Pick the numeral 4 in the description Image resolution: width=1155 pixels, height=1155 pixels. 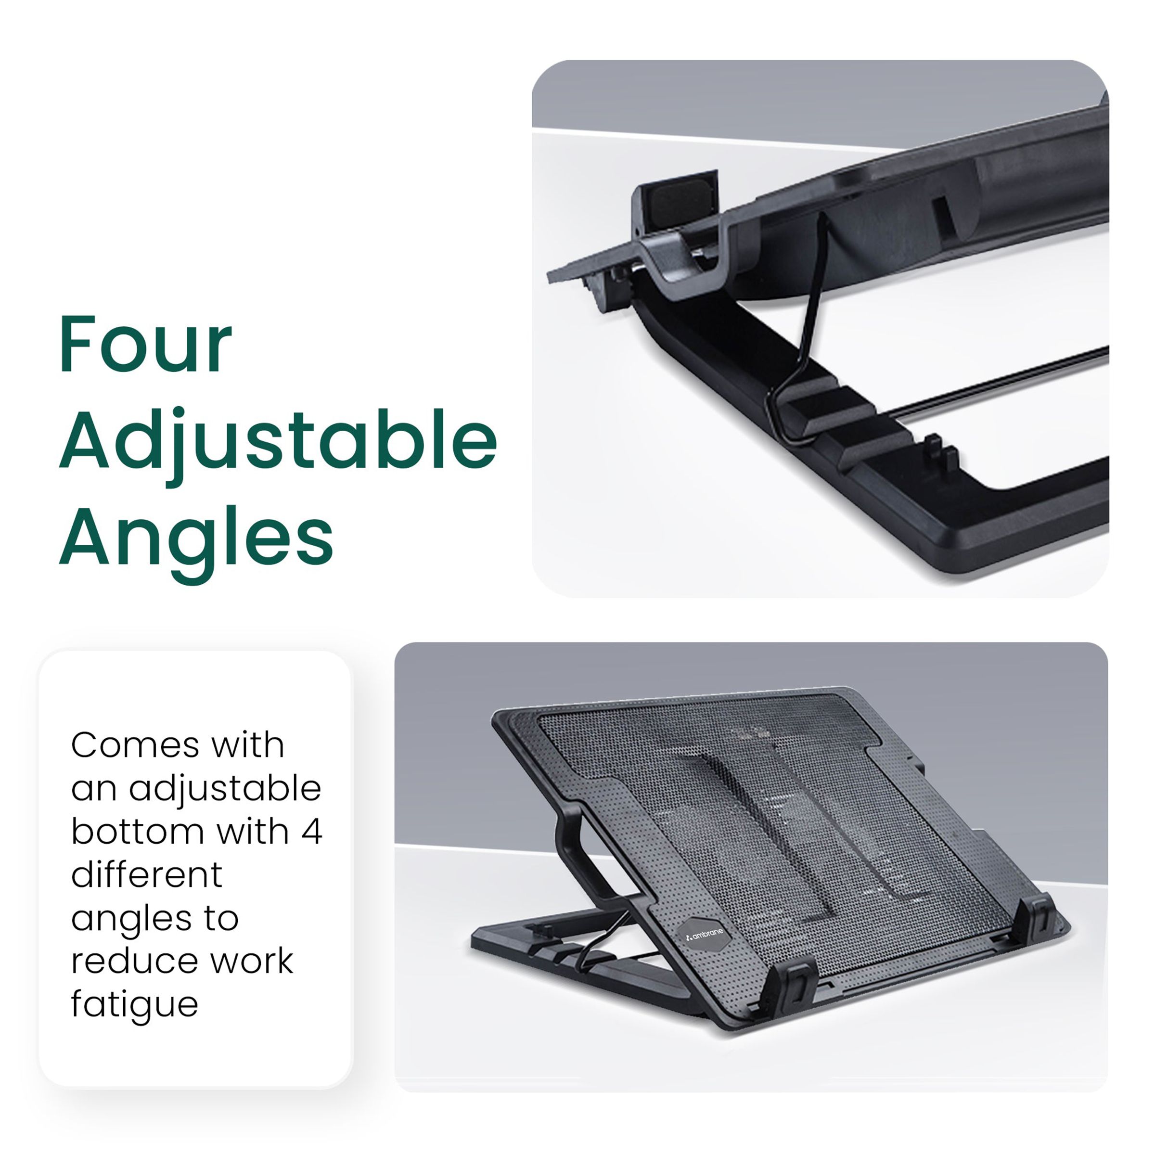[311, 832]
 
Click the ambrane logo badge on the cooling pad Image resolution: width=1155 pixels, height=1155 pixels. [705, 934]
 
